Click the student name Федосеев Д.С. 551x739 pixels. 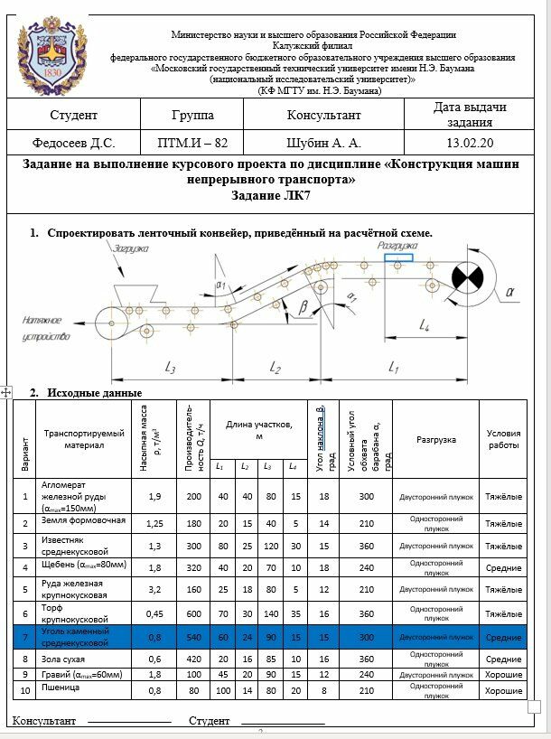(x=73, y=143)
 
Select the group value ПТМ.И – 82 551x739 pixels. (x=192, y=143)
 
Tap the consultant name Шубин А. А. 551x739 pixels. (x=323, y=143)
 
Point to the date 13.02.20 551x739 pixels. (x=470, y=143)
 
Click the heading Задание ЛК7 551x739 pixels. (x=275, y=195)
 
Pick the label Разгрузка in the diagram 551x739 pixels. (x=397, y=246)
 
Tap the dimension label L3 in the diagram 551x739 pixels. (x=170, y=368)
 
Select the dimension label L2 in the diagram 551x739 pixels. (x=275, y=368)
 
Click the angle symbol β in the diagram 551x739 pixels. (x=303, y=307)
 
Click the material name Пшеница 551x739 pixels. (x=62, y=688)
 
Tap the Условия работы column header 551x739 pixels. (x=503, y=439)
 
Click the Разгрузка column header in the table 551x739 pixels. (x=435, y=440)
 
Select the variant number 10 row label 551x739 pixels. (x=24, y=691)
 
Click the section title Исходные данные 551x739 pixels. (x=94, y=393)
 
